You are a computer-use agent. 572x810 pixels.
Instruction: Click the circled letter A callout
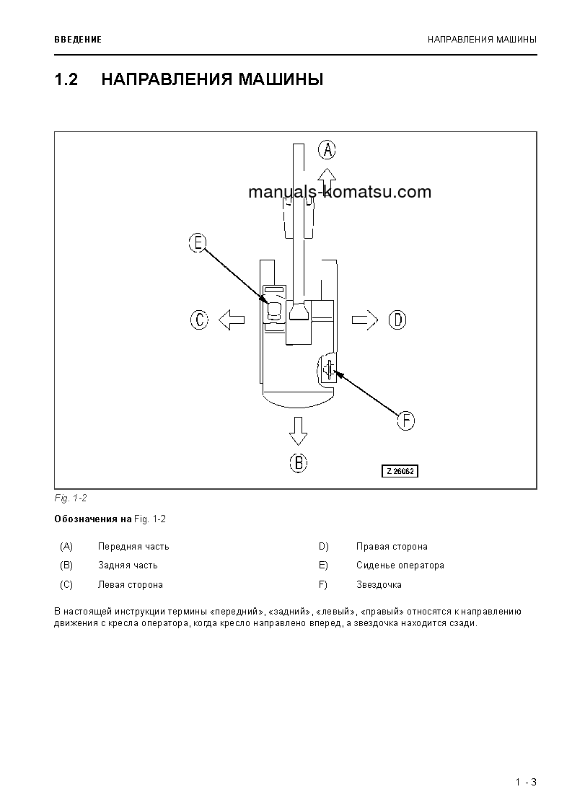point(327,149)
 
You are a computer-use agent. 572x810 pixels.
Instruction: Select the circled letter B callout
point(298,462)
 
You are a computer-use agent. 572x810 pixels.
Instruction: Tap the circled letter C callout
point(200,320)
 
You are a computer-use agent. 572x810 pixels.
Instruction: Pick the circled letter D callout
point(397,320)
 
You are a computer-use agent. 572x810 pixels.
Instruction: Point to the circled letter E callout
point(197,242)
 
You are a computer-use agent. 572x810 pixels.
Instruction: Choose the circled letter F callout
point(407,421)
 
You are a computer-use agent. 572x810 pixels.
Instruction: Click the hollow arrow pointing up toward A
point(327,176)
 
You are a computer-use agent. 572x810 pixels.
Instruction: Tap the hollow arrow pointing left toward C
point(232,320)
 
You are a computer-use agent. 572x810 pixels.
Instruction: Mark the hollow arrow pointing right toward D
point(365,320)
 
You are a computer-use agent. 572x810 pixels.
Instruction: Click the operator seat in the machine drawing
point(274,311)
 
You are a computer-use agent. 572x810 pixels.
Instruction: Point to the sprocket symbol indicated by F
point(328,370)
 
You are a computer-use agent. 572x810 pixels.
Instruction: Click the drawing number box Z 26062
point(400,471)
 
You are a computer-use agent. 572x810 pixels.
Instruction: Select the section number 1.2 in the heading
point(66,79)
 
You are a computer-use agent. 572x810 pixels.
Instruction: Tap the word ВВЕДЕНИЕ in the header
point(78,39)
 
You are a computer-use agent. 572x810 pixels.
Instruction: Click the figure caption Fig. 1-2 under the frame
point(70,498)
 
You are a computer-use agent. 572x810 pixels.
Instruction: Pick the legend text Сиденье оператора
point(400,565)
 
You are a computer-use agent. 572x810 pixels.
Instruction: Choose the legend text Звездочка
point(379,585)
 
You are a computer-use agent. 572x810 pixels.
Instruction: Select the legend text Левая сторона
point(130,585)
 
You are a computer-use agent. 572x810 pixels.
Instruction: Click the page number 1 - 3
point(526,783)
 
